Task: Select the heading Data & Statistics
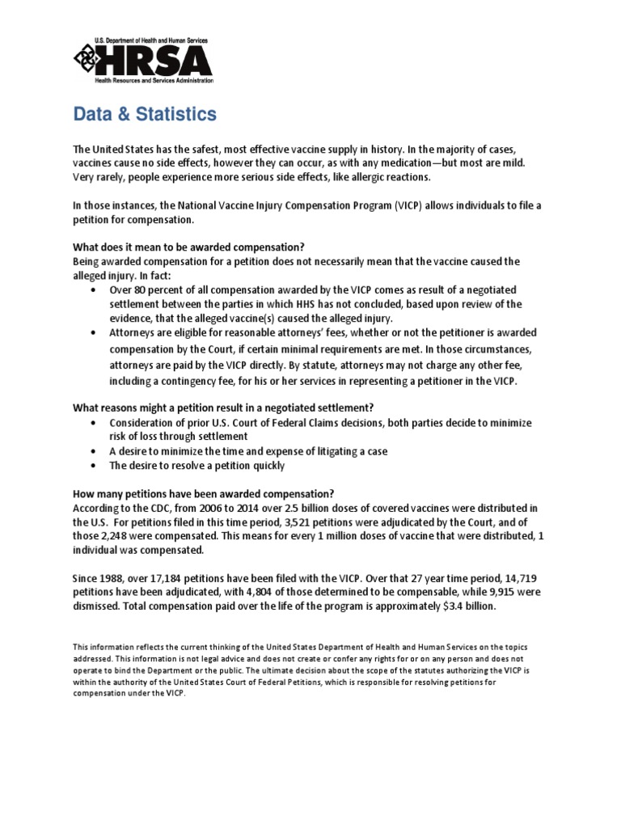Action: [x=145, y=115]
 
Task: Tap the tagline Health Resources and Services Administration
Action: [x=154, y=81]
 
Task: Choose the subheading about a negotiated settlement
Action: [x=223, y=407]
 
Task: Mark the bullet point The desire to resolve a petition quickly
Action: [x=197, y=466]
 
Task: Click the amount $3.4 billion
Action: [x=472, y=606]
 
